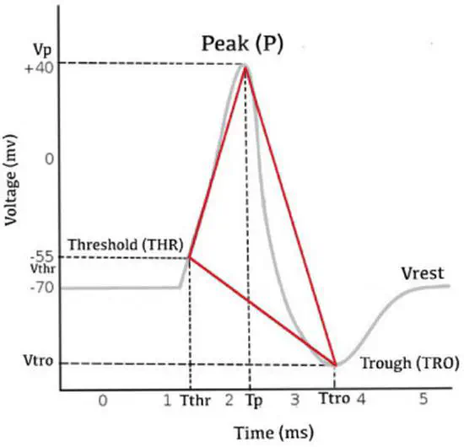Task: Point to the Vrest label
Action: [425, 272]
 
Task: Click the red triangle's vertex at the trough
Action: [336, 364]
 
